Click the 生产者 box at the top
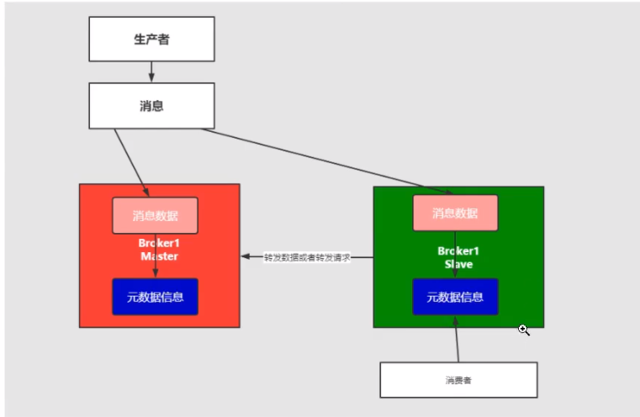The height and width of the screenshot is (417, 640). point(151,40)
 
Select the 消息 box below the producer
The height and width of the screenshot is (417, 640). point(151,107)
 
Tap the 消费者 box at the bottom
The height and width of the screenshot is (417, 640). point(458,380)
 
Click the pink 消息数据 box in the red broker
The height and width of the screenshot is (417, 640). point(155,215)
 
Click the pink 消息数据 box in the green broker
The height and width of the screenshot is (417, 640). point(455,213)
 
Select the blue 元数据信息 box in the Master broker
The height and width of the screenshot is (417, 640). point(155,296)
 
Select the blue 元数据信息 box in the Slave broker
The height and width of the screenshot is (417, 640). point(455,296)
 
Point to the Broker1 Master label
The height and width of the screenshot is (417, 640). point(159,250)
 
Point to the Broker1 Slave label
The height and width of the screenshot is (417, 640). point(459,257)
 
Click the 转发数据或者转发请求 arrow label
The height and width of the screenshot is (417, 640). point(306,257)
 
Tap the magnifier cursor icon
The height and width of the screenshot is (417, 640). point(524,330)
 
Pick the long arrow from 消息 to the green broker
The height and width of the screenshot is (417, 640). point(320,160)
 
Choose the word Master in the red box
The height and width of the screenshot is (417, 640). point(159,256)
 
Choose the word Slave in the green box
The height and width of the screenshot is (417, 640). point(459,264)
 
